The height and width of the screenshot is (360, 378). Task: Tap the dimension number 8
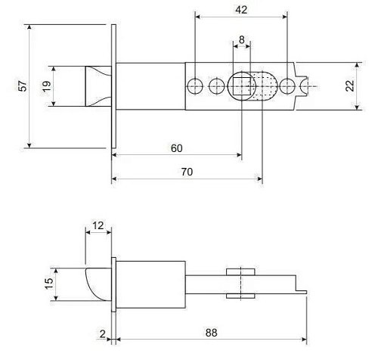pos(241,39)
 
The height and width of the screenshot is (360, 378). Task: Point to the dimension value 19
pos(47,86)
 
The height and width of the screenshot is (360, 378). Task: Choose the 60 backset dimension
pos(176,148)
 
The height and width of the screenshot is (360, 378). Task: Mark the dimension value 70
pos(187,172)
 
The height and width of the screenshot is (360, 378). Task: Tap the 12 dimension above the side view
pos(98,225)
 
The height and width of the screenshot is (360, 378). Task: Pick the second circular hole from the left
pos(217,85)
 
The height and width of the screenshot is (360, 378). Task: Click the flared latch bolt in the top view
pos(96,86)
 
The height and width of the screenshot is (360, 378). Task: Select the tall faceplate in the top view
pos(113,86)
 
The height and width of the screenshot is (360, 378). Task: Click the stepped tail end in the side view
pos(301,288)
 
